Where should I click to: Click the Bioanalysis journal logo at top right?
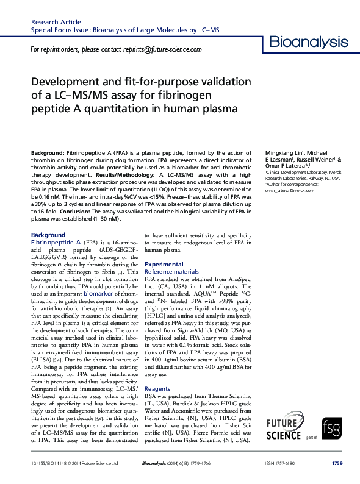pos(308,42)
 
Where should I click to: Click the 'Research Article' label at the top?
pos(56,21)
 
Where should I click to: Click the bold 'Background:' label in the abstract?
pos(48,151)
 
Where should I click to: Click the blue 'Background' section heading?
pos(48,235)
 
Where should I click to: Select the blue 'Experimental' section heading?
pos(164,264)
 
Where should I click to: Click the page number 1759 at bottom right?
pos(337,463)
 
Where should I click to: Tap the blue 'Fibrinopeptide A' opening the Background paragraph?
pos(56,242)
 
